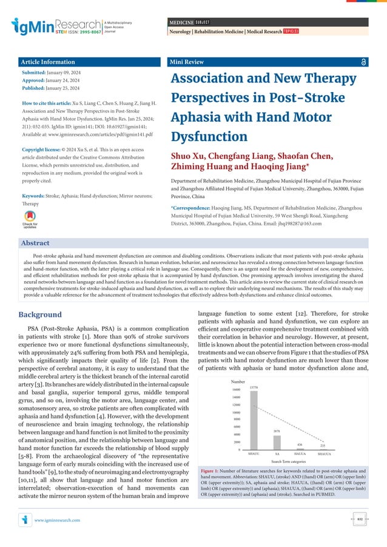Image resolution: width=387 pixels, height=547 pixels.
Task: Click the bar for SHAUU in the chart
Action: (254, 420)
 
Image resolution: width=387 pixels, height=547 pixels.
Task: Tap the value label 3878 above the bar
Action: (277, 431)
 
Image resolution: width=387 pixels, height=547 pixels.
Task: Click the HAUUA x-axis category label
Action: (300, 453)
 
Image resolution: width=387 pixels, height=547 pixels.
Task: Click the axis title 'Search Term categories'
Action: (288, 461)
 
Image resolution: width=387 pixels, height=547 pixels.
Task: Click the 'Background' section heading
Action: (40, 315)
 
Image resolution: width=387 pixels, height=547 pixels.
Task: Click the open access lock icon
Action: (363, 62)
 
